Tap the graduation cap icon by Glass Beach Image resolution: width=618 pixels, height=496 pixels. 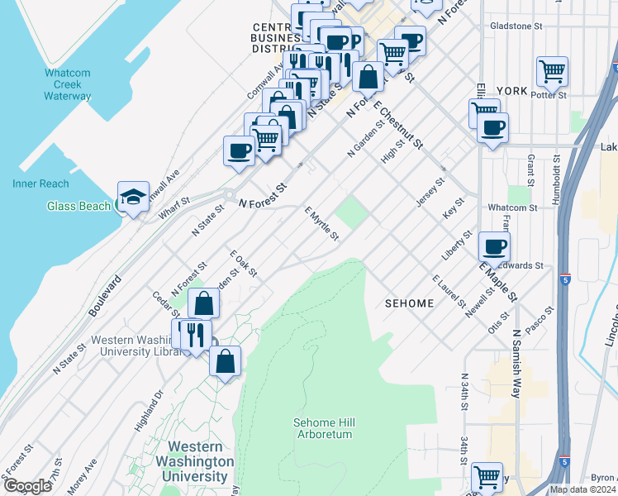click(x=133, y=197)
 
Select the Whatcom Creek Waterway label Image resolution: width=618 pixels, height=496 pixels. click(x=68, y=84)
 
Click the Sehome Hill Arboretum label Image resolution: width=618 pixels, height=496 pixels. click(x=323, y=427)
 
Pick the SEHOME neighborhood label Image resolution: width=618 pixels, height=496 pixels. click(x=409, y=303)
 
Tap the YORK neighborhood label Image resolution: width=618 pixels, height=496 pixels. click(x=512, y=90)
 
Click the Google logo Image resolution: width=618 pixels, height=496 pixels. click(x=27, y=486)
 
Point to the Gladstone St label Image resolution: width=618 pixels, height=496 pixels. click(x=516, y=26)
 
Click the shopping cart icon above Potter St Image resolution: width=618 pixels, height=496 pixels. click(x=552, y=70)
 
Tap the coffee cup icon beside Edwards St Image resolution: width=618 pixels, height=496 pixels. click(x=494, y=246)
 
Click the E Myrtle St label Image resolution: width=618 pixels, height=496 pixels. click(x=321, y=225)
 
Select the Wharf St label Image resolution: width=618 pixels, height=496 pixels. click(x=174, y=205)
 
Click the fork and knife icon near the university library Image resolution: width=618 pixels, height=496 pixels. click(x=195, y=334)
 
